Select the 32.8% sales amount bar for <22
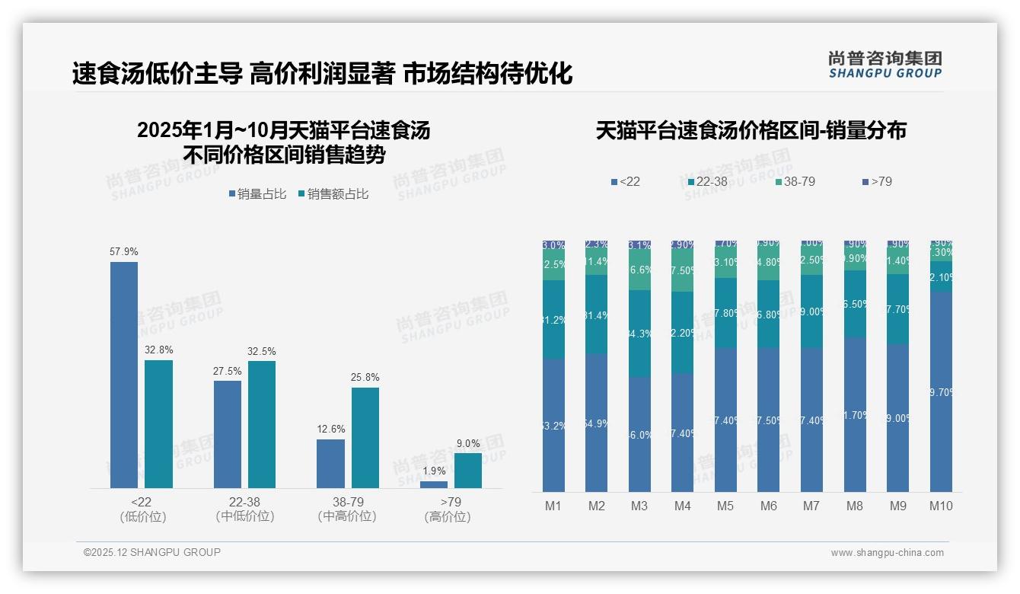158,423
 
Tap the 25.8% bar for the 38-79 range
365,437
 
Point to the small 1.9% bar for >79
434,484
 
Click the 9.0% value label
468,444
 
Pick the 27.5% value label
228,372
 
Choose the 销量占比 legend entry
257,194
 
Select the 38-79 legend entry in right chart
795,181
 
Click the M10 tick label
941,506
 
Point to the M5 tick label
725,506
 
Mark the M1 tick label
553,506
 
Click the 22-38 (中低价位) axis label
244,509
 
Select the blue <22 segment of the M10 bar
941,391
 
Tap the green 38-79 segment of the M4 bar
683,271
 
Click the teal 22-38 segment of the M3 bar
639,334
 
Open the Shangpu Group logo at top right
885,64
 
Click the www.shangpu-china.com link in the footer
887,553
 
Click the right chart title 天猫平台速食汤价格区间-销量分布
751,130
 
